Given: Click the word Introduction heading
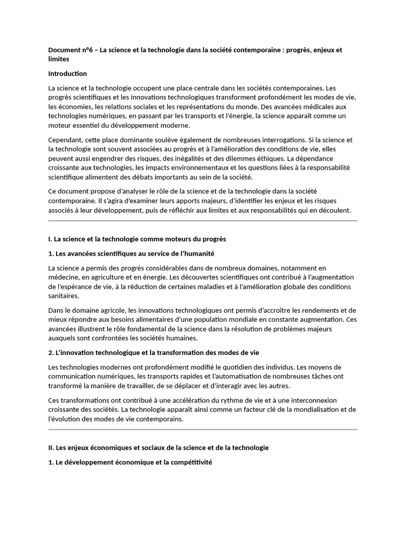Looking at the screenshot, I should pyautogui.click(x=68, y=73).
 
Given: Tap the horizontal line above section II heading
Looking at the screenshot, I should pyautogui.click(x=203, y=430).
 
